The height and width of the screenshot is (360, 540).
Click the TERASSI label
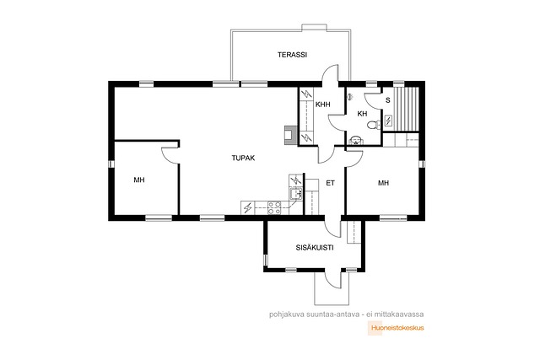point(292,55)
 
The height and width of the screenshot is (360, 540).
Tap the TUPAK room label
point(243,158)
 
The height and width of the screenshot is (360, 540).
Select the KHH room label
point(322,105)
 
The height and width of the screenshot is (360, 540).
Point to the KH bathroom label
point(362,114)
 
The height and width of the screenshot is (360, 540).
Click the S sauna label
point(388,100)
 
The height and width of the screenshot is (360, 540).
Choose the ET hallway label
point(330,183)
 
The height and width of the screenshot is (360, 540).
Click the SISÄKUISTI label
point(315,248)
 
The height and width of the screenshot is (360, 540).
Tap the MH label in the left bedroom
point(139,180)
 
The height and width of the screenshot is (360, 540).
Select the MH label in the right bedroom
point(383,183)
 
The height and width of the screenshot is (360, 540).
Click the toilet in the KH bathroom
point(373,125)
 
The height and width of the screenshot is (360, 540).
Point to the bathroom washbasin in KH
point(355,140)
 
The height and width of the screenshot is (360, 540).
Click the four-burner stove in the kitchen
point(274,208)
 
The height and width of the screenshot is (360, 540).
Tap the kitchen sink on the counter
point(295,194)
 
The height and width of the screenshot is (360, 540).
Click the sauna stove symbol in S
point(388,121)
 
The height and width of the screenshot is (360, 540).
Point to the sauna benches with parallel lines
point(406,109)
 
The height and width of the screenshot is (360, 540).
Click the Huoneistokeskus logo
point(397,328)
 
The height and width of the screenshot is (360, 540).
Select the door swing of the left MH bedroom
point(170,155)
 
